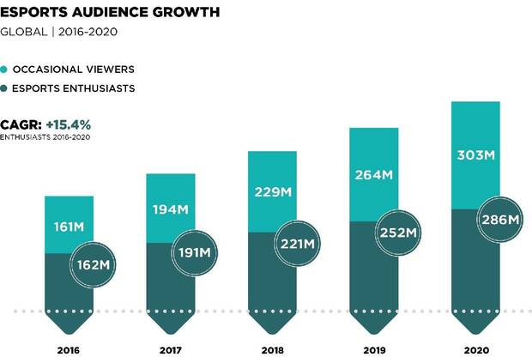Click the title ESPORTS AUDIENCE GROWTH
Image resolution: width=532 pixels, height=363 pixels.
tap(109, 12)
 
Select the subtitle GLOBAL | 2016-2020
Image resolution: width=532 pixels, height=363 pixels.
tap(58, 32)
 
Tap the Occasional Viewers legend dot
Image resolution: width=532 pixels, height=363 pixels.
tap(5, 69)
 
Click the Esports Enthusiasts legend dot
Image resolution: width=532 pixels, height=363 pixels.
tap(5, 88)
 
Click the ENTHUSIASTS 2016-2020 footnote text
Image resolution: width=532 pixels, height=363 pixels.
tap(45, 137)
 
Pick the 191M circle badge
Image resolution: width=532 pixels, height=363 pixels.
tap(193, 253)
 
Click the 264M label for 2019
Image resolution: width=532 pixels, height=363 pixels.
tap(373, 175)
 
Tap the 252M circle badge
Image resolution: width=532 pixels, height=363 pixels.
tap(396, 233)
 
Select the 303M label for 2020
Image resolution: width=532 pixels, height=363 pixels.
tap(475, 155)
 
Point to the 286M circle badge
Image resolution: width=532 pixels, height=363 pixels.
tap(499, 220)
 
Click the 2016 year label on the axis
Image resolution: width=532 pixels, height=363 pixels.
tap(70, 350)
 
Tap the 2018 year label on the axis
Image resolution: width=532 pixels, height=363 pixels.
tap(272, 350)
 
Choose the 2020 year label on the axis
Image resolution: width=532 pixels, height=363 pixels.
tap(475, 350)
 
